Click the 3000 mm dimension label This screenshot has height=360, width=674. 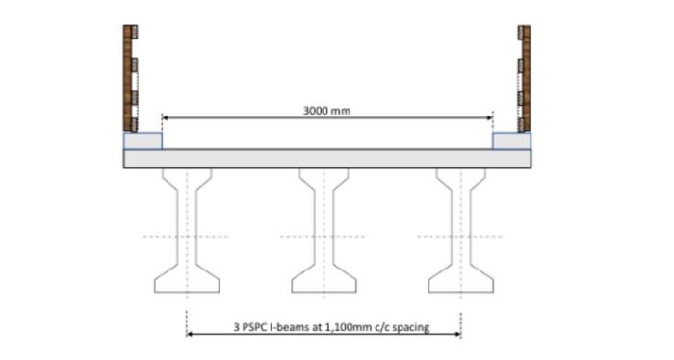326,111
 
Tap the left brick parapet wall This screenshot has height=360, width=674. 130,77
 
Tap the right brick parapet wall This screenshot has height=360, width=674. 524,77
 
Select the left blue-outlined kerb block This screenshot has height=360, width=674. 143,141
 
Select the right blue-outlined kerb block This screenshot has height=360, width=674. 510,141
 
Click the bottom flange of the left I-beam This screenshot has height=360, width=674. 186,283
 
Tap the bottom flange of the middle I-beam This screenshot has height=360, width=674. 323,283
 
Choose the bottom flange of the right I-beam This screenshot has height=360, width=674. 460,283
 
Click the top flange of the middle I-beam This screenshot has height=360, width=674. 323,175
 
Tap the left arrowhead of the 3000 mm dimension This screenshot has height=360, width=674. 165,117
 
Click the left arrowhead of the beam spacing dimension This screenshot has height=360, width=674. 190,335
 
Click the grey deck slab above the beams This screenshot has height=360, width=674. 326,159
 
